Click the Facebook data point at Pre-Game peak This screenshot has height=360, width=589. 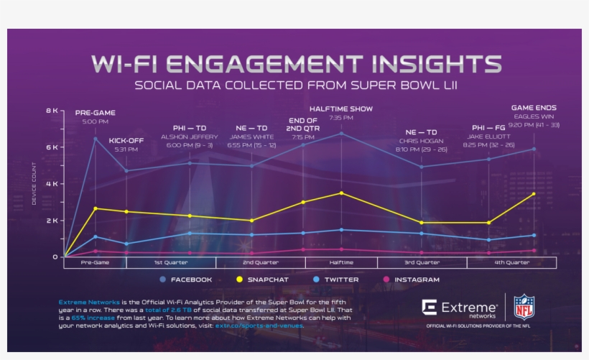click(x=96, y=139)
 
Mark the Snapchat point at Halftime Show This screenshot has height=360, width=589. click(x=341, y=193)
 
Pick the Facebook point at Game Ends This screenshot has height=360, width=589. click(x=534, y=149)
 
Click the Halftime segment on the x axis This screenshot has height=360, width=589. click(x=341, y=263)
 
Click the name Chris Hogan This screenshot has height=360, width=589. click(x=421, y=141)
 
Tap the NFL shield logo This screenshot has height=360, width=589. click(x=524, y=307)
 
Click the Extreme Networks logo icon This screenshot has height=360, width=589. click(x=430, y=308)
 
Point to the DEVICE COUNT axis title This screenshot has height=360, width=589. click(x=34, y=184)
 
